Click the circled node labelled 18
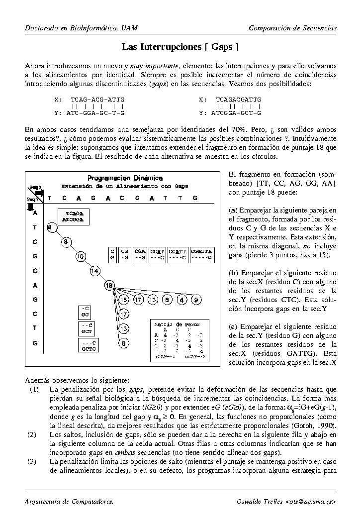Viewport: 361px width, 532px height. tap(109, 285)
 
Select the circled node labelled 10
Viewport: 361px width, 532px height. tap(81, 257)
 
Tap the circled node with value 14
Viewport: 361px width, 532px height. tap(95, 271)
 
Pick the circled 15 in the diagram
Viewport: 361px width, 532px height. tap(124, 300)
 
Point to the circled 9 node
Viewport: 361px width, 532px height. tap(197, 300)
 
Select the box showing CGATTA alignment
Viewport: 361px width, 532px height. tap(201, 255)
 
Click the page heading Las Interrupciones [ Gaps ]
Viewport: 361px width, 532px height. tap(180, 47)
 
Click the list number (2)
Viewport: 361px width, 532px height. tap(32, 434)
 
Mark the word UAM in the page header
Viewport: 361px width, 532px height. tap(129, 28)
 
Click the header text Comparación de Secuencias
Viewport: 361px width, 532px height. tap(292, 28)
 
